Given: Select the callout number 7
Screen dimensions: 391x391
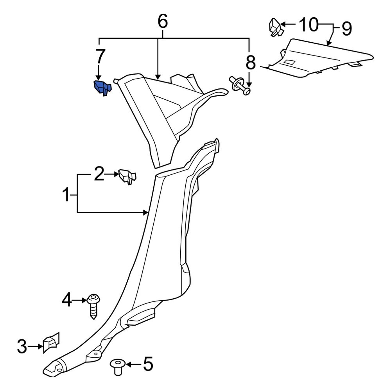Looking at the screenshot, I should pos(100,57).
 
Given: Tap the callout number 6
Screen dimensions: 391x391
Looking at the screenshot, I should pos(162,22).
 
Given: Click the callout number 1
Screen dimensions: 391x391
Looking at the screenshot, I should pos(67,194).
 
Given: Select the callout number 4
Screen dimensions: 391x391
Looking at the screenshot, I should pos(67,300).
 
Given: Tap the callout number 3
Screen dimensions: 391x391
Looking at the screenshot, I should pos(23,346).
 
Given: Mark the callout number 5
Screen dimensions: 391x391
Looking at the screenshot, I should pos(147,365).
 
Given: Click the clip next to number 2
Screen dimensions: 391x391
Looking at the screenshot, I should pos(128,176).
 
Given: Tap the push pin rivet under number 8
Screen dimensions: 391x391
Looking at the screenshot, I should pos(240,85).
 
